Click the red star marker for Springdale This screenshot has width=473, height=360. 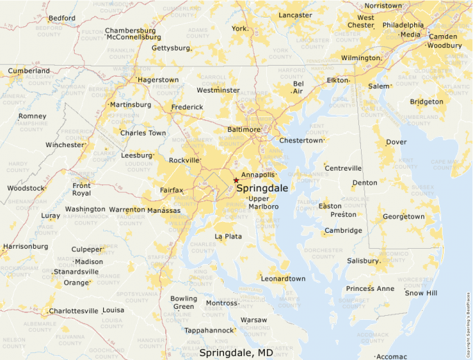pyautogui.click(x=236, y=180)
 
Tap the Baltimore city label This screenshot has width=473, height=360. pyautogui.click(x=244, y=129)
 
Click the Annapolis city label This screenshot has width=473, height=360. pyautogui.click(x=259, y=175)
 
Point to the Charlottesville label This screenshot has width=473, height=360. pyautogui.click(x=73, y=311)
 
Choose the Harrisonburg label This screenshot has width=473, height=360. pyautogui.click(x=26, y=246)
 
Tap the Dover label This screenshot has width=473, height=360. pyautogui.click(x=396, y=142)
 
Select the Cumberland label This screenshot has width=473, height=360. pyautogui.click(x=28, y=70)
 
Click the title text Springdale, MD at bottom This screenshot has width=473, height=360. pyautogui.click(x=236, y=352)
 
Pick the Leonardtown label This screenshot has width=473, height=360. pyautogui.click(x=283, y=278)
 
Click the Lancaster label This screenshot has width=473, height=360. pyautogui.click(x=296, y=15)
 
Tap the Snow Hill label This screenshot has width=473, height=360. pyautogui.click(x=421, y=293)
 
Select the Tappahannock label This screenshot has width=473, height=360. pyautogui.click(x=209, y=330)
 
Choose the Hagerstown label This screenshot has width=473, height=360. pyautogui.click(x=158, y=79)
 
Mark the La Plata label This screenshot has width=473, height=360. pyautogui.click(x=228, y=236)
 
